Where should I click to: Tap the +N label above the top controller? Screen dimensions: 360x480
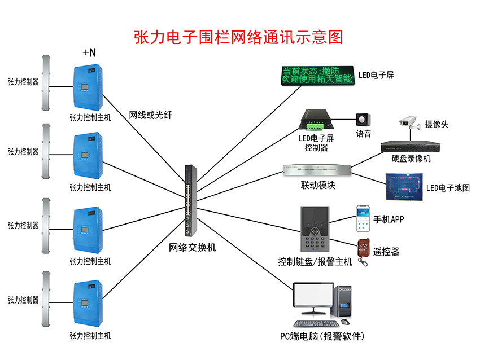click(x=89, y=52)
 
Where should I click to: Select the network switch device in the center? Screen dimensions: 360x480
click(x=189, y=200)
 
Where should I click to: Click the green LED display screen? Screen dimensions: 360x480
click(x=317, y=76)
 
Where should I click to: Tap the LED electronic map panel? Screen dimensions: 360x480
click(x=403, y=187)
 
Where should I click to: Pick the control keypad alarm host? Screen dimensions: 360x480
click(x=316, y=230)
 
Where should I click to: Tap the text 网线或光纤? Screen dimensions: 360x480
click(x=150, y=115)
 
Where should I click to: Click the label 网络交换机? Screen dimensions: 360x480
click(x=193, y=247)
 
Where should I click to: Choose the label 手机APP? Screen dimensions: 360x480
click(x=389, y=219)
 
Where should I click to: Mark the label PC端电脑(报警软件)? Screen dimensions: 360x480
click(x=322, y=336)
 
